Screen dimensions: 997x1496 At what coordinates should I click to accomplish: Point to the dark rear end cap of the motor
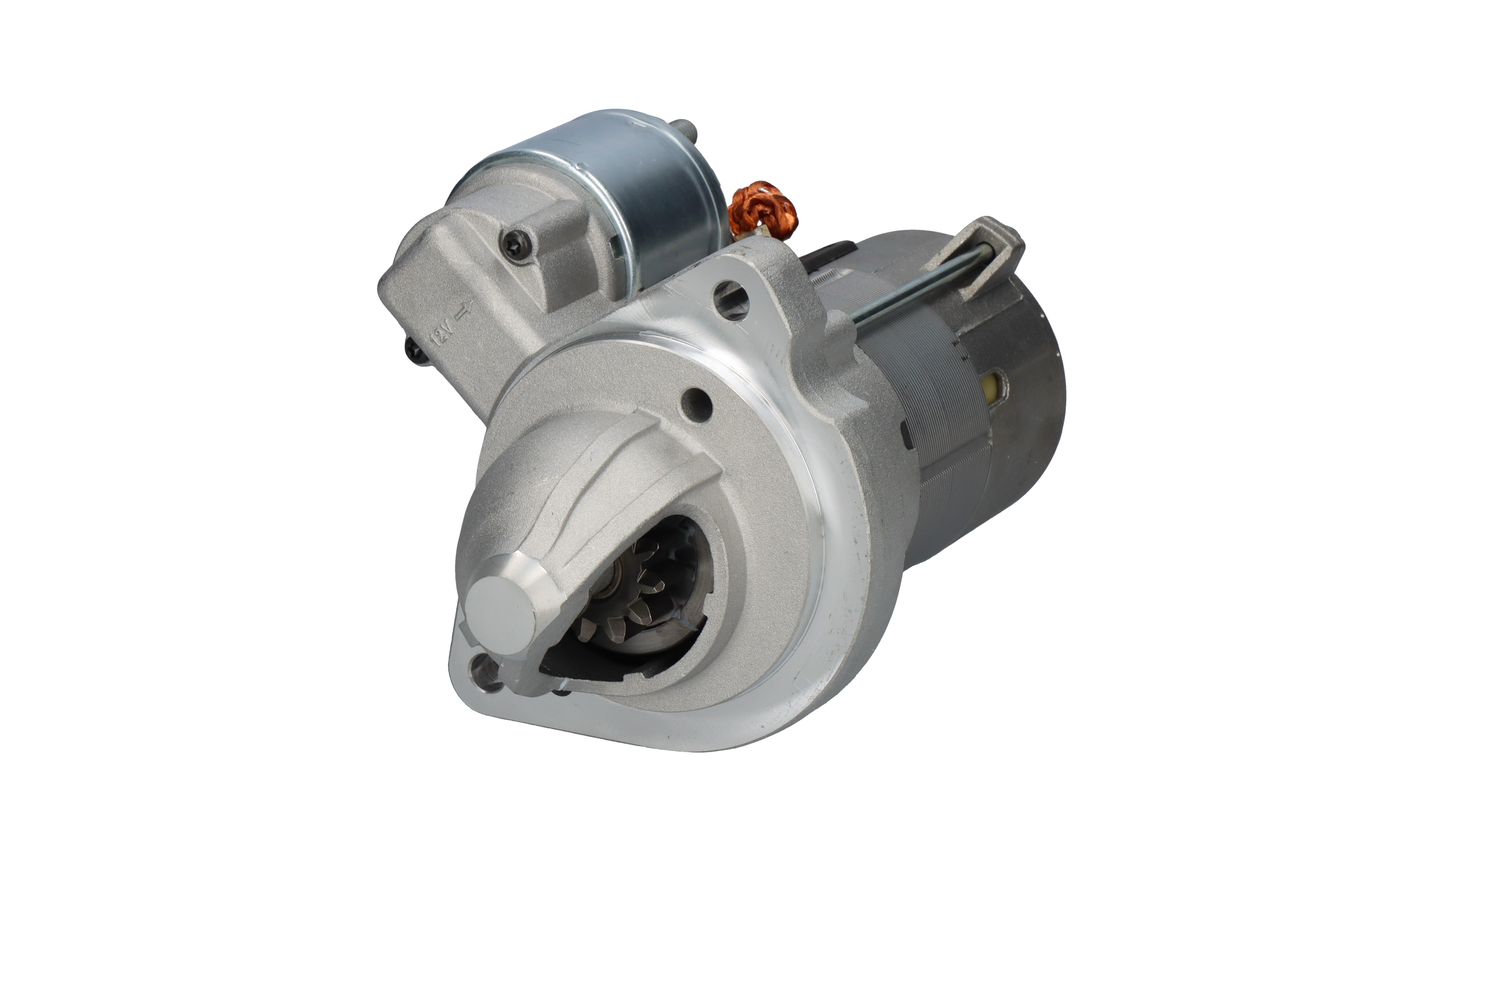click(x=1024, y=407)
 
